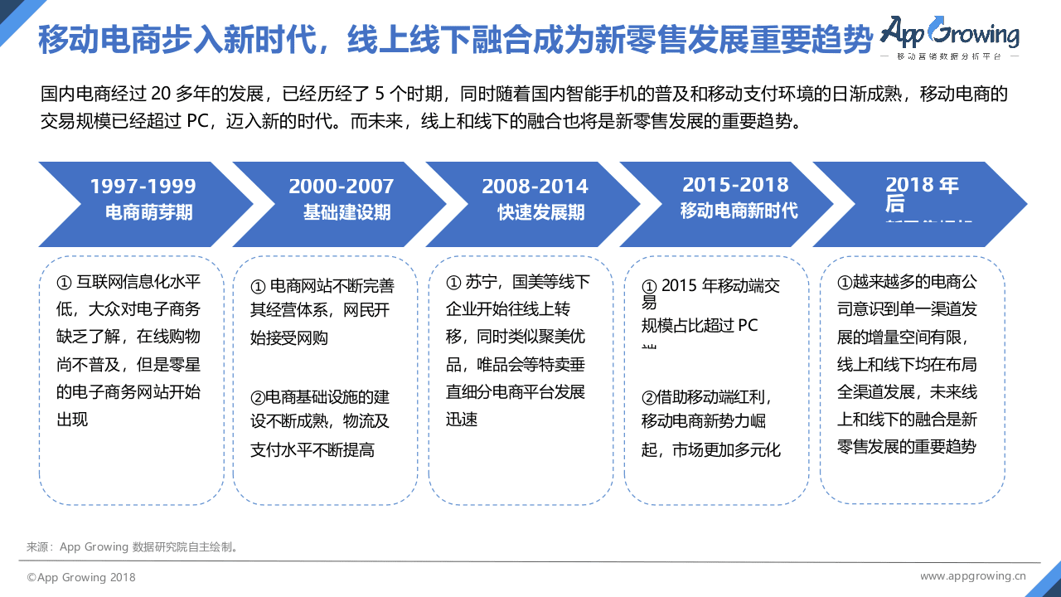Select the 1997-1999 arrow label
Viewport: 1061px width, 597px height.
coord(143,187)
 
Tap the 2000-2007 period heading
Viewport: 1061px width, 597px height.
coord(341,187)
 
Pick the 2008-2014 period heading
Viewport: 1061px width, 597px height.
coord(535,187)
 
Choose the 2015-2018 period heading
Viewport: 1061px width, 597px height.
coord(735,185)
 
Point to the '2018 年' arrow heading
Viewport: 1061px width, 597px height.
coord(921,185)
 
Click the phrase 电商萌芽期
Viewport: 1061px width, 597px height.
coord(148,212)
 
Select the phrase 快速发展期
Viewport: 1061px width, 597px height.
coord(540,212)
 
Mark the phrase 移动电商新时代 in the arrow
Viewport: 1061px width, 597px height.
coord(739,211)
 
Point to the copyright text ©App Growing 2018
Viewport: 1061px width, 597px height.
coord(81,577)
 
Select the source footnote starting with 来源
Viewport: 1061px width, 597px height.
coord(133,547)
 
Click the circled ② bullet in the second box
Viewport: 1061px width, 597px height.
coord(258,396)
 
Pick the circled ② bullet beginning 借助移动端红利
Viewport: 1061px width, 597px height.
coord(649,398)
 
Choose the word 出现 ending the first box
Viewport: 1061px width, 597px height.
coord(72,420)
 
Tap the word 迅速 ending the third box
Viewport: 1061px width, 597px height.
coord(463,420)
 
